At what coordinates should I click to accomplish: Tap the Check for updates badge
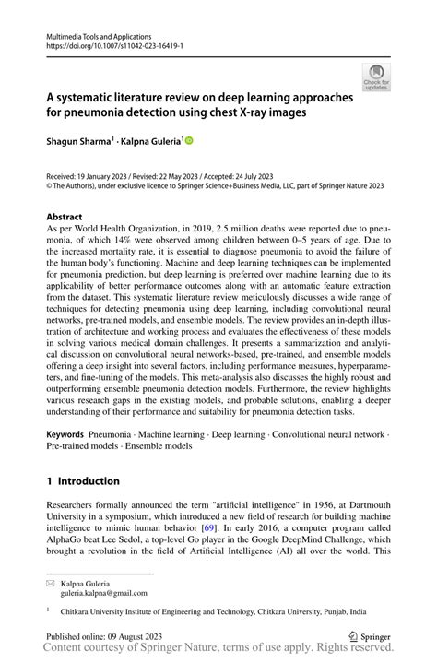click(375, 77)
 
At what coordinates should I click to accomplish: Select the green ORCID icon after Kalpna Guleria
click(190, 141)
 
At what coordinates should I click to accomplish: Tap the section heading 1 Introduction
click(83, 480)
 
